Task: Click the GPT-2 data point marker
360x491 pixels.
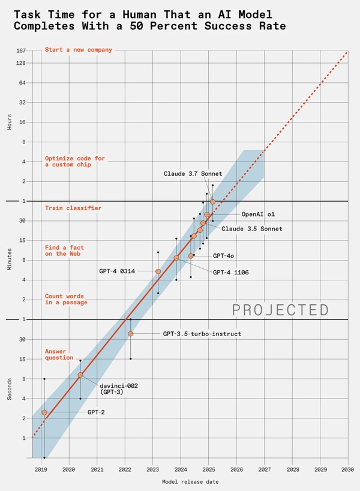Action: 44,412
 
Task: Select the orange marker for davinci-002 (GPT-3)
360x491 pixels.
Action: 80,375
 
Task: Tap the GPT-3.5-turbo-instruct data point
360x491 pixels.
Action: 130,334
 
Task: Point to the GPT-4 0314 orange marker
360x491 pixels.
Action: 158,271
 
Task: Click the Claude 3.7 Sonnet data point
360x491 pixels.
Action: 212,202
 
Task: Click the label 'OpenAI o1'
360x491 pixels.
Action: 257,214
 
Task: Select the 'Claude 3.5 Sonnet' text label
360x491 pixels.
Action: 251,229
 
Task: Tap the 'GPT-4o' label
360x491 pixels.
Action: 223,256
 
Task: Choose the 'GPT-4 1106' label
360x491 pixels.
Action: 231,273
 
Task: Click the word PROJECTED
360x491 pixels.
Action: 280,310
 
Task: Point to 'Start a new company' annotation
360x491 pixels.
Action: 78,50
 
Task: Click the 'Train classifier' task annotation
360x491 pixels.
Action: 73,208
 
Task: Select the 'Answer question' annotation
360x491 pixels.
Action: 59,354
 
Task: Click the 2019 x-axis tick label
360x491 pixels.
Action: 41,468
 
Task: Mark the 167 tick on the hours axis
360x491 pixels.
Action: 20,50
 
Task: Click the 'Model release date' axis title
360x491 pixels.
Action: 190,481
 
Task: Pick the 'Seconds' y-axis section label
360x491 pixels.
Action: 10,389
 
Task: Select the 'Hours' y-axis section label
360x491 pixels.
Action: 10,122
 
